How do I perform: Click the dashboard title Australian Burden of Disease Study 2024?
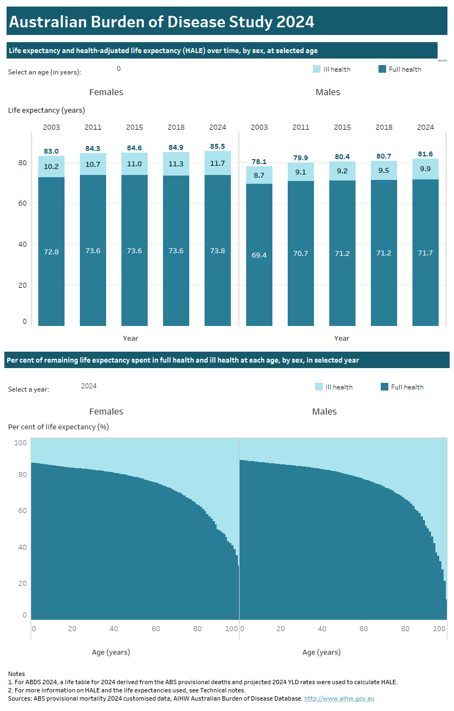[x=162, y=22]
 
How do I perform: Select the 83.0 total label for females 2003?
[x=51, y=151]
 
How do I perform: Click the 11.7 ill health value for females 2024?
[x=218, y=164]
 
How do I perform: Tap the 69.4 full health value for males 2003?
[x=259, y=255]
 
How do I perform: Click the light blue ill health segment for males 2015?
[x=342, y=171]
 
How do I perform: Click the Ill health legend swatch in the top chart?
[x=317, y=69]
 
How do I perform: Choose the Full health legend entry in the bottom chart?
[x=402, y=387]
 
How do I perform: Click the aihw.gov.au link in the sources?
[x=339, y=698]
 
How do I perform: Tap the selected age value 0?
[x=119, y=69]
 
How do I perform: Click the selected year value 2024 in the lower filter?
[x=89, y=386]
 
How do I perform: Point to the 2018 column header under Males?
[x=384, y=127]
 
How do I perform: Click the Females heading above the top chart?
[x=106, y=92]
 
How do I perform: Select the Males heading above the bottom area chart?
[x=324, y=412]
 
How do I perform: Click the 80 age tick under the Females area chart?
[x=197, y=629]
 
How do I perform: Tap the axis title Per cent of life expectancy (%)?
[x=59, y=427]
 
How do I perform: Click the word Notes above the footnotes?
[x=16, y=674]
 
